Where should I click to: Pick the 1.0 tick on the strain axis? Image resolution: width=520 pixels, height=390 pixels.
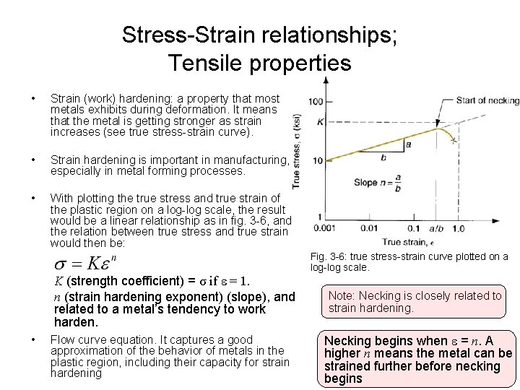(x=459, y=227)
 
